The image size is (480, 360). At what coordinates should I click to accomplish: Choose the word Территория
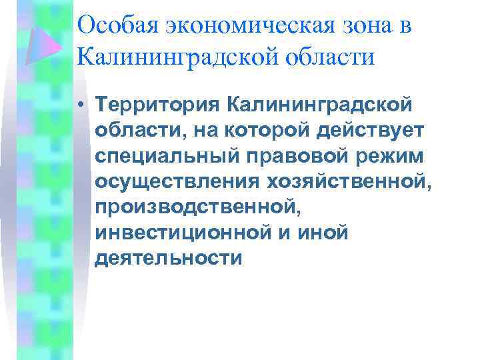(x=155, y=105)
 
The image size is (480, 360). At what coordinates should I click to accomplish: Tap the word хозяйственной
(x=346, y=181)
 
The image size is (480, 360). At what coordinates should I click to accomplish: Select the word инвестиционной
(x=184, y=231)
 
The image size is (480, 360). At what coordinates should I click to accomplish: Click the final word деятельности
(x=168, y=257)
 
